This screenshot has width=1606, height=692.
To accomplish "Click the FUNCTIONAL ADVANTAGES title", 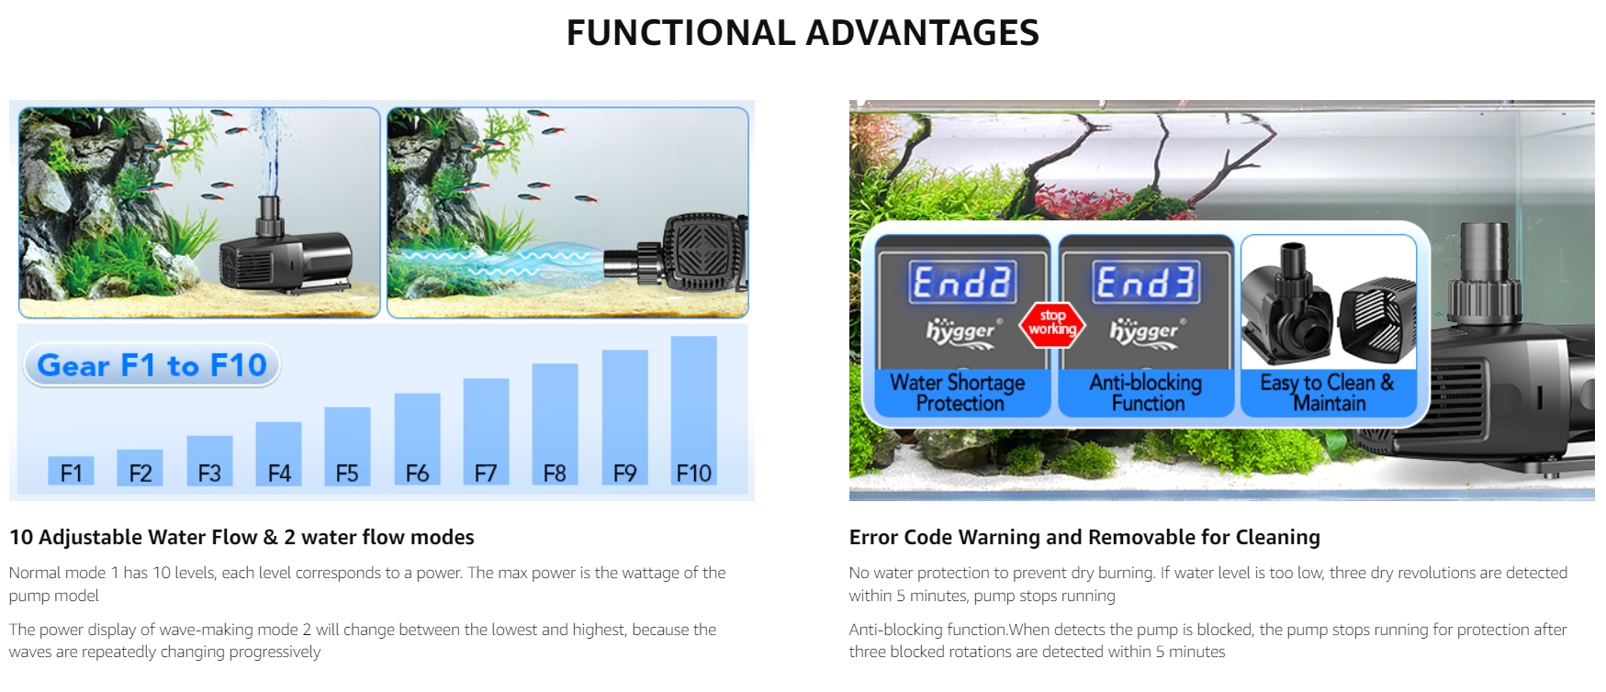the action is coord(803,33).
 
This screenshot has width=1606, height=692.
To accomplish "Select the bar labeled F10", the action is coord(694,410).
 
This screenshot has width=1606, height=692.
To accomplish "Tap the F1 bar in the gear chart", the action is coord(71,471).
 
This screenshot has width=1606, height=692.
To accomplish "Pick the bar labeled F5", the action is coord(347,446).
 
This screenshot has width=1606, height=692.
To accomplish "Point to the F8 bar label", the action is coord(555,474).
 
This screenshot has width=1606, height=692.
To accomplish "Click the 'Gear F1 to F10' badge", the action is coord(152,365).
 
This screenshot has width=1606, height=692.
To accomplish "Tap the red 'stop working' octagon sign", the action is coord(1052,324).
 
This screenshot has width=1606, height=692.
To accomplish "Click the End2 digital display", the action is coord(962,282).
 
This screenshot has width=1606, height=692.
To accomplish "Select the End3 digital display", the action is coord(1146,282).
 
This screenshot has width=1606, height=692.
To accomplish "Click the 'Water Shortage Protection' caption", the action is coord(960,393).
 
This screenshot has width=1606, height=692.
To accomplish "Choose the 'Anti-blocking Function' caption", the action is coord(1146,393).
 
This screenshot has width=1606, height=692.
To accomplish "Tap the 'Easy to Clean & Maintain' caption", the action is coord(1328,393).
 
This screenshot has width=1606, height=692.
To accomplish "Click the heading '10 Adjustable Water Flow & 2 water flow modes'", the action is coord(241,537).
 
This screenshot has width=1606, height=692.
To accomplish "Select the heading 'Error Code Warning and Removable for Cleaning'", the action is coord(1084,537).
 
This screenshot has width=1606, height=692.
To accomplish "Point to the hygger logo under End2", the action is coord(960,332).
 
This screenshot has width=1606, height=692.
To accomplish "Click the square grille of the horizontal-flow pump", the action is coord(704,254).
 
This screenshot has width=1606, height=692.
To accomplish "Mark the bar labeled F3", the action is coord(209,461).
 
